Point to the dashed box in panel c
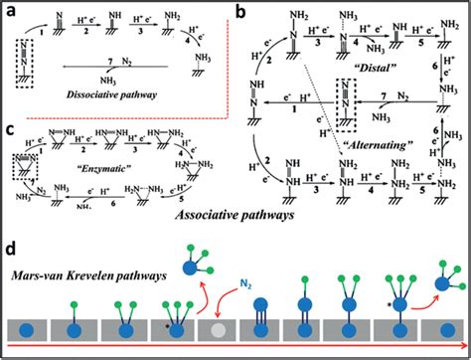click(x=25, y=158)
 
